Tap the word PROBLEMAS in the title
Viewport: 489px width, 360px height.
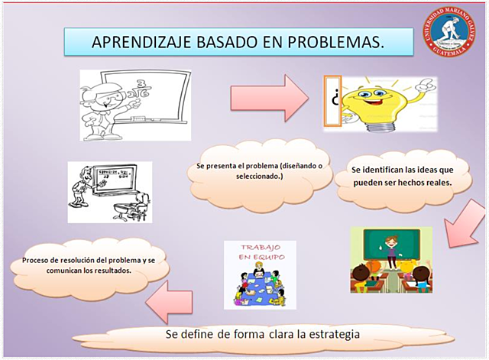334,42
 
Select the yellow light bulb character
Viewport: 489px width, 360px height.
379,101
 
